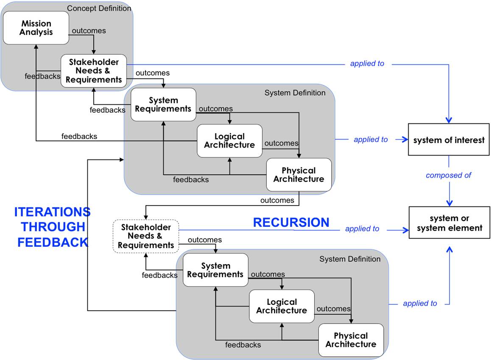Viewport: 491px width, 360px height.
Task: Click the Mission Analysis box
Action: coord(36,28)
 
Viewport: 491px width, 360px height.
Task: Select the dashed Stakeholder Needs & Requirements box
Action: coord(146,236)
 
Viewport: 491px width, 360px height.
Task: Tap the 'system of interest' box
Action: coord(449,140)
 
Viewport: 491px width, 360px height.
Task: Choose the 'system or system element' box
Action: coord(449,223)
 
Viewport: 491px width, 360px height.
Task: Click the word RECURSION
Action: coord(291,222)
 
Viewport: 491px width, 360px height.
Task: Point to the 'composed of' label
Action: coord(449,175)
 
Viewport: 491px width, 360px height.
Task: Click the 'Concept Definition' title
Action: coord(99,8)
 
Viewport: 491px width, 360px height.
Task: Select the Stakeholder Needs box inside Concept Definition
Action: coord(94,71)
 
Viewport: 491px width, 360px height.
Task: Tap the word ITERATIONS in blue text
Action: coord(52,212)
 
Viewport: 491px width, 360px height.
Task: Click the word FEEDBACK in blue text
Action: coord(53,242)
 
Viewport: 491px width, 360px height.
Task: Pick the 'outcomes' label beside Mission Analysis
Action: coord(89,31)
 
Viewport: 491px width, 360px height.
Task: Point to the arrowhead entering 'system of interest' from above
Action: coord(449,120)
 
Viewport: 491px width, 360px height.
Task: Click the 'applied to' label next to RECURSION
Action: coord(362,229)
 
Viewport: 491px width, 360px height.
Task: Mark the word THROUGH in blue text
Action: coord(53,227)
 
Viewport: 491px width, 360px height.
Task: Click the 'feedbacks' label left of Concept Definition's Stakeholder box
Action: coord(42,76)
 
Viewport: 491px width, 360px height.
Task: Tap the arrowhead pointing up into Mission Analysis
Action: coord(36,47)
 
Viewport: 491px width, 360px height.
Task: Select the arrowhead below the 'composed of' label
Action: coord(449,203)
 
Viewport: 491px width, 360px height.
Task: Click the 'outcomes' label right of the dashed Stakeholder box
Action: coord(205,240)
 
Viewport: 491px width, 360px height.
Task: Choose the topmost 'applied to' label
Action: coord(367,64)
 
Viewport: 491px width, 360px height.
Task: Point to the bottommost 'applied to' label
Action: coord(420,303)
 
